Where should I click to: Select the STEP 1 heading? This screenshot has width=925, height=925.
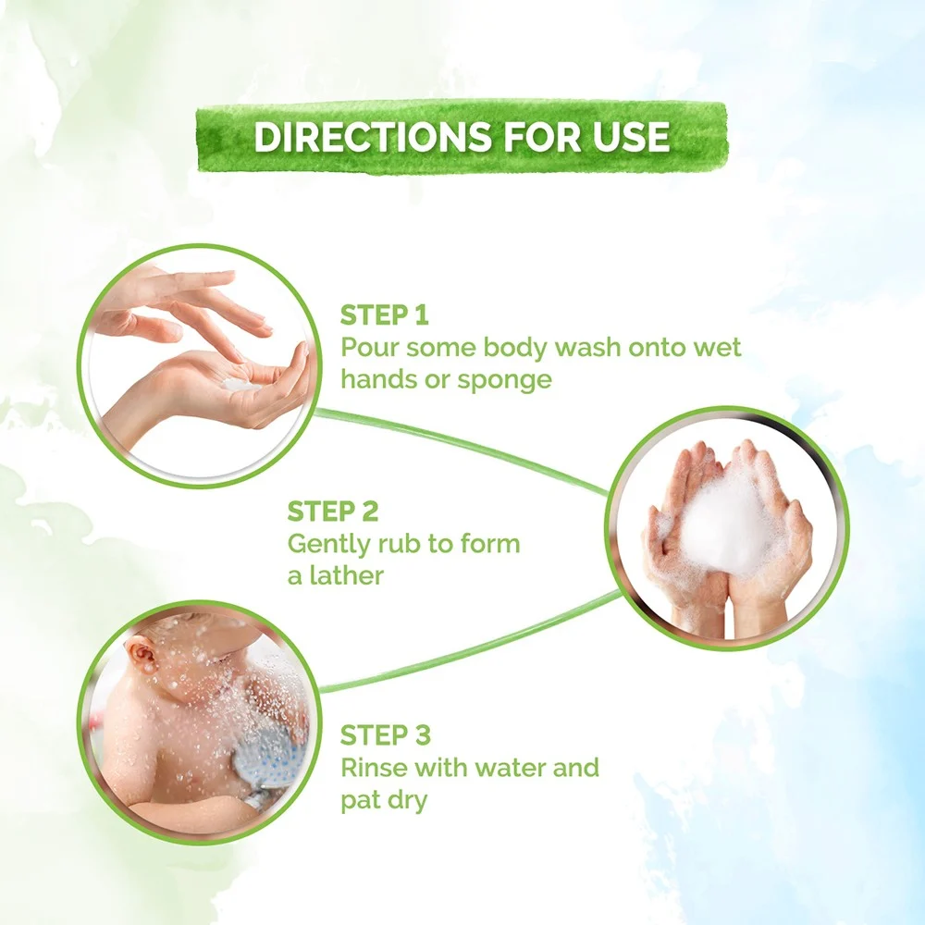tap(384, 315)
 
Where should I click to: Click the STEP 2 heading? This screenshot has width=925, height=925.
tap(332, 512)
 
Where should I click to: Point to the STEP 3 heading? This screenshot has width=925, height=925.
tap(385, 735)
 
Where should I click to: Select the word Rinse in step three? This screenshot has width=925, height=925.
tap(375, 768)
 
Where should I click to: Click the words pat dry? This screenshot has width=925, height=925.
tap(384, 801)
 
